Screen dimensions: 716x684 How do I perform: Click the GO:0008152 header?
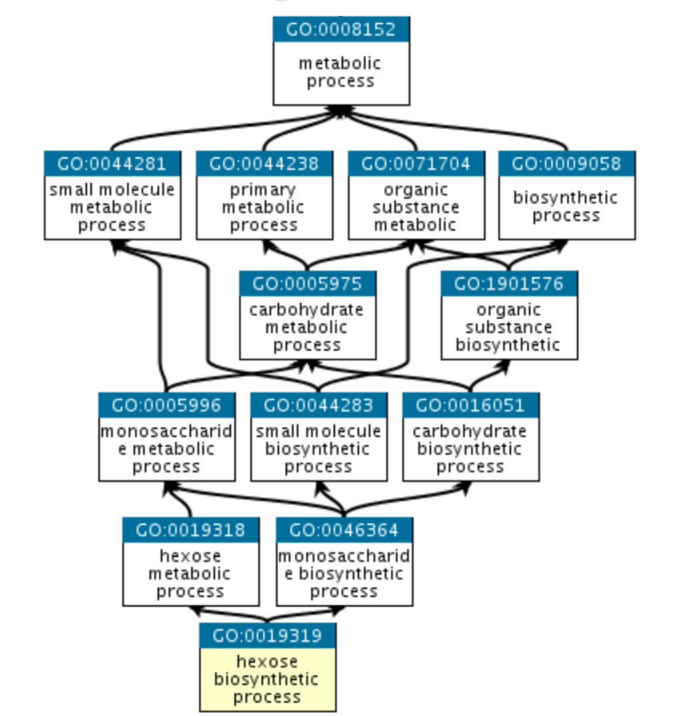click(341, 29)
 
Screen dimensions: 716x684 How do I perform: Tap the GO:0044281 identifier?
click(112, 163)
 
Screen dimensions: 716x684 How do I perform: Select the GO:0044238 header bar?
click(264, 163)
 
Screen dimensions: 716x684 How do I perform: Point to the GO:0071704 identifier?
click(416, 163)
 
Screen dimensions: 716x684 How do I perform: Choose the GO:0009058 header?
click(567, 163)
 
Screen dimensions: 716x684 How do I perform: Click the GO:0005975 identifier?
click(307, 283)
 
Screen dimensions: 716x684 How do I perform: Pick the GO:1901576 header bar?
click(509, 283)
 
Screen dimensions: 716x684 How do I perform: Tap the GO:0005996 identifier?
click(167, 405)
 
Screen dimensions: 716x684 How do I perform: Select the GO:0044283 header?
click(319, 405)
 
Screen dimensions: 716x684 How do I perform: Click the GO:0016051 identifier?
click(471, 405)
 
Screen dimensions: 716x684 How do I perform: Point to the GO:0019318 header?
click(191, 530)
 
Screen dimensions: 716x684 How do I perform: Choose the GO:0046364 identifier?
click(344, 530)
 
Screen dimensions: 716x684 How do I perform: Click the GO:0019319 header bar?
click(267, 635)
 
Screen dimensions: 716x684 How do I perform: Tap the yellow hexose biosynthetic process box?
click(267, 679)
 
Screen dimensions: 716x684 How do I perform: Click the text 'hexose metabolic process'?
click(191, 573)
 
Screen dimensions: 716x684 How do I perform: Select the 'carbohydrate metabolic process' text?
click(307, 327)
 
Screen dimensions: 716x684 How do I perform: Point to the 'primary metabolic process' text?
click(264, 207)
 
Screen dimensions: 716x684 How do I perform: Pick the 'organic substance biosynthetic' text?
click(509, 327)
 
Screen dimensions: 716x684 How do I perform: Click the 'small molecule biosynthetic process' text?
click(319, 449)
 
